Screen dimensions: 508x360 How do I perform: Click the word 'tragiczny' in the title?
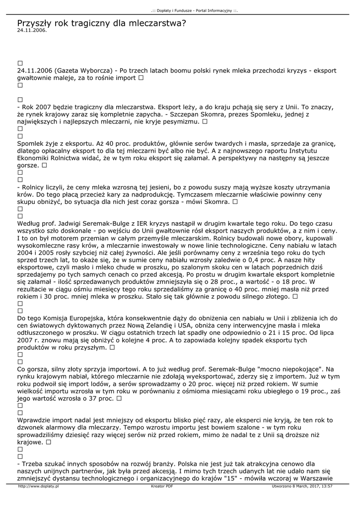pos(90,23)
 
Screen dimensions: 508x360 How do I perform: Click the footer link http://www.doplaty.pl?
pos(38,487)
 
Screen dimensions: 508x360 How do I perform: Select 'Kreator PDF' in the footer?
pos(162,487)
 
